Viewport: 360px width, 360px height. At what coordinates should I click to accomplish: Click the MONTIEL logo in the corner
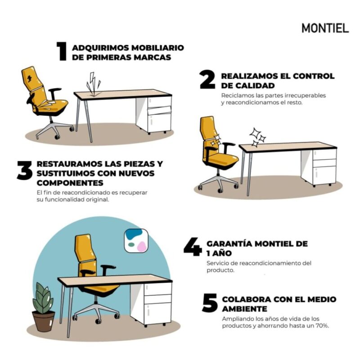[x=325, y=28]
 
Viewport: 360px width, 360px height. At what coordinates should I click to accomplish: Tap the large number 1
[x=62, y=51]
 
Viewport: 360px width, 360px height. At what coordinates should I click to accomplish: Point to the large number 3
[x=24, y=171]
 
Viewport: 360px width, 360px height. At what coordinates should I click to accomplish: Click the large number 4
[x=192, y=248]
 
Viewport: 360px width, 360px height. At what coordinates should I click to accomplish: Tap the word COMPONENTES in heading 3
[x=70, y=183]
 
